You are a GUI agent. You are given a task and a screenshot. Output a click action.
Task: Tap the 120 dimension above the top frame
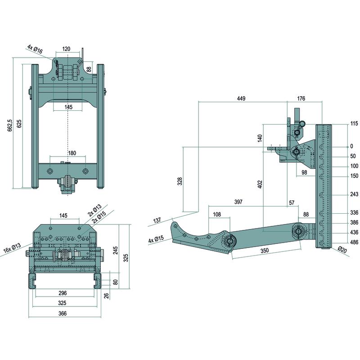67,49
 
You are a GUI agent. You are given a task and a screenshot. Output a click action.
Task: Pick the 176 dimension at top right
302,99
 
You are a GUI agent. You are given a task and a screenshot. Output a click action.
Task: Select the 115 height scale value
354,124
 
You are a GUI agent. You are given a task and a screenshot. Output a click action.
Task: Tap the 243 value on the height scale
354,194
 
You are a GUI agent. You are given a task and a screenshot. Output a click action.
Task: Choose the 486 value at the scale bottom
354,242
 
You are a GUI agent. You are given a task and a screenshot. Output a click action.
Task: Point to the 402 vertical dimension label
260,184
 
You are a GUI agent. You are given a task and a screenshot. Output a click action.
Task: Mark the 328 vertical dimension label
180,181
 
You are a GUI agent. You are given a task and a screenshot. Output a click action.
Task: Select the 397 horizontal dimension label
238,202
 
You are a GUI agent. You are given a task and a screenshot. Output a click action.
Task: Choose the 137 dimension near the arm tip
157,220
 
